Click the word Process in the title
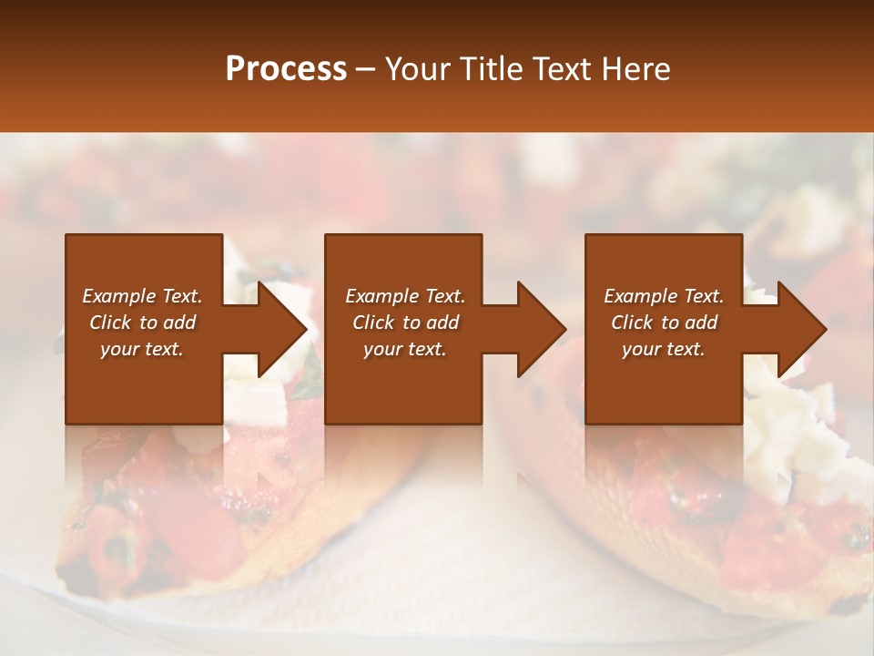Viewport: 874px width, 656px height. coord(286,69)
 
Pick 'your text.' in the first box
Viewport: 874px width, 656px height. coord(142,349)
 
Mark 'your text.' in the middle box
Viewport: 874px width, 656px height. coord(404,349)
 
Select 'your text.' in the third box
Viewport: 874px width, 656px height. coord(663,349)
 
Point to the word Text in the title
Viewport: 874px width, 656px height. coord(558,69)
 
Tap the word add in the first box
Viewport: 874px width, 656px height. coord(179,323)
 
